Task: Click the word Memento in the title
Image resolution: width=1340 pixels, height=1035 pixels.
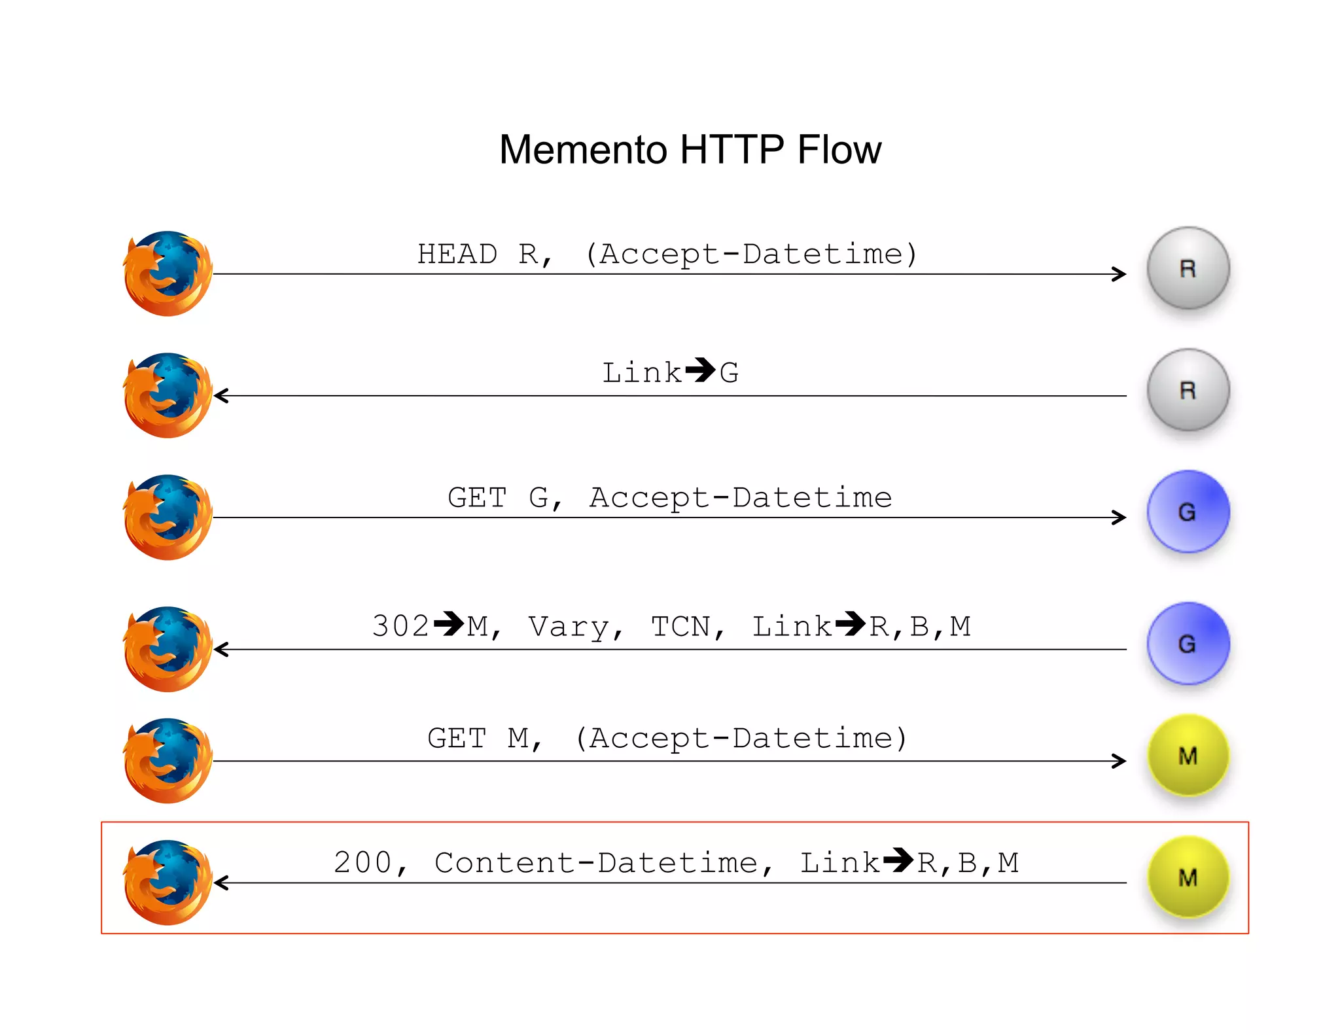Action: point(582,150)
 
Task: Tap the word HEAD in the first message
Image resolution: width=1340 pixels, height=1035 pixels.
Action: point(457,254)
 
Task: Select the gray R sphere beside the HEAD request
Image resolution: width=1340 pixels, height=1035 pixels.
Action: point(1188,268)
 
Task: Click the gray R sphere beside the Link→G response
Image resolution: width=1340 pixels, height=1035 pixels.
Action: point(1188,390)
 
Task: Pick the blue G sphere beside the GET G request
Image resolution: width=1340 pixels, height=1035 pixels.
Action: point(1188,512)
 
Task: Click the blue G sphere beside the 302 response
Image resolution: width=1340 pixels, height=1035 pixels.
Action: point(1188,644)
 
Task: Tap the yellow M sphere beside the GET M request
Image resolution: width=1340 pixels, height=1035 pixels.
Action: point(1188,756)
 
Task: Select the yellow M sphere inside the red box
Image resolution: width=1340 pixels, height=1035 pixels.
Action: point(1188,877)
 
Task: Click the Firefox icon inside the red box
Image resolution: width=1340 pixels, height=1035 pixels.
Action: point(168,883)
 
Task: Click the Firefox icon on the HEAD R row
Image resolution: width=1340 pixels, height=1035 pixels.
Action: point(168,273)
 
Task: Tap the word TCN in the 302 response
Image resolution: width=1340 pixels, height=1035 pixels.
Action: point(680,627)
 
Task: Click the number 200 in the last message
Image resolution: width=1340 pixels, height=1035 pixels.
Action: point(362,862)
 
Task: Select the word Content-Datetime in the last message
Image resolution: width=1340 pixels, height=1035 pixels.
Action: point(596,862)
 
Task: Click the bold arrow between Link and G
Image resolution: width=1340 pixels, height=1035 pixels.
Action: point(700,370)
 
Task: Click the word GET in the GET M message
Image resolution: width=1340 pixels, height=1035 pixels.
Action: point(457,739)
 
